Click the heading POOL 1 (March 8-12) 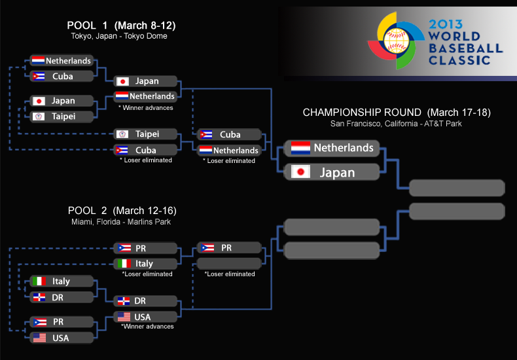(121, 26)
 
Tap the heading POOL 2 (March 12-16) (122, 211)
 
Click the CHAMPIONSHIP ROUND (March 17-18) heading (397, 113)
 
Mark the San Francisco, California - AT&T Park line (397, 123)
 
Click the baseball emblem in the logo (395, 41)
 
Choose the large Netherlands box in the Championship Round (332, 148)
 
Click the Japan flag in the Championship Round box (301, 173)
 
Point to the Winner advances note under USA (147, 326)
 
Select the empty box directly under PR (229, 264)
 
